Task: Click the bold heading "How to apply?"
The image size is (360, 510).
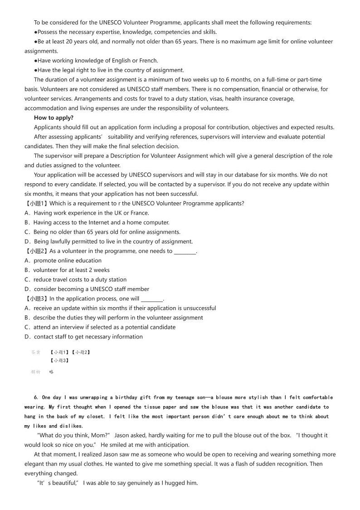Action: pos(54,118)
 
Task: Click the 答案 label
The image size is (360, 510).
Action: pos(36,352)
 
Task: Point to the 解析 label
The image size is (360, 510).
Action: pos(36,372)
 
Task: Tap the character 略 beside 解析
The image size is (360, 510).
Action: pos(51,372)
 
